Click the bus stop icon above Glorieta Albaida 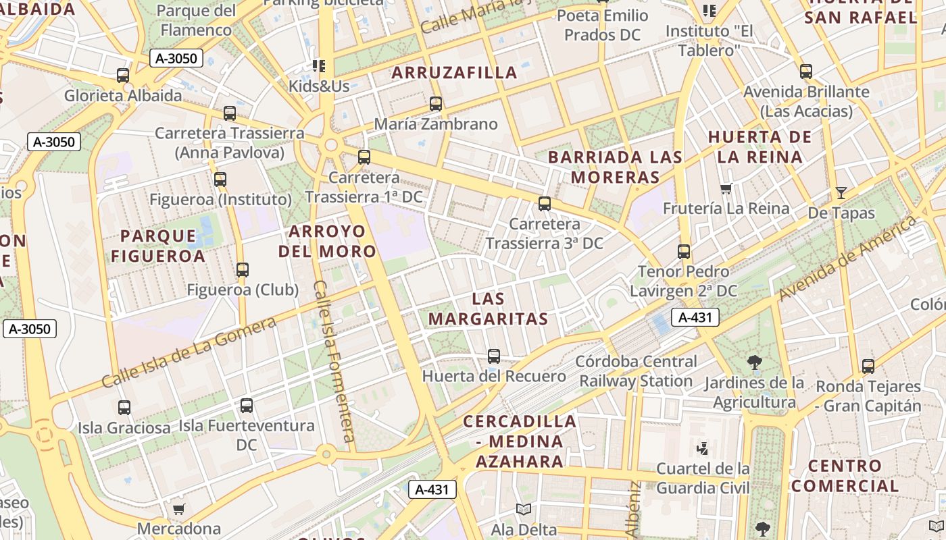tap(123, 76)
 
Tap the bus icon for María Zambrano tap(436, 104)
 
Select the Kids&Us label tap(319, 86)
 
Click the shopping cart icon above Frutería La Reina tap(726, 188)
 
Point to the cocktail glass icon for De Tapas tap(841, 193)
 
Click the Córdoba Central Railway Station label tap(636, 371)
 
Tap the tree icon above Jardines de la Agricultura tap(755, 362)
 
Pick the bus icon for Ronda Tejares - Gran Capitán tap(868, 367)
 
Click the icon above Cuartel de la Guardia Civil tap(703, 448)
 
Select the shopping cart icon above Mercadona tap(178, 509)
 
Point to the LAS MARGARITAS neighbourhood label tap(488, 308)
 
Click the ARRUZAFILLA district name tap(454, 73)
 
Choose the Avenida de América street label tap(848, 259)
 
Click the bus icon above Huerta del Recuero tap(494, 356)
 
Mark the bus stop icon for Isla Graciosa tap(124, 408)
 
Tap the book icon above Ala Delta tap(524, 509)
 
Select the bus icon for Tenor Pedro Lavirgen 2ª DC tap(684, 252)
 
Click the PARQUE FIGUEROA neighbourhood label tap(158, 246)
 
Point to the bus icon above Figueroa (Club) tap(243, 270)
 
